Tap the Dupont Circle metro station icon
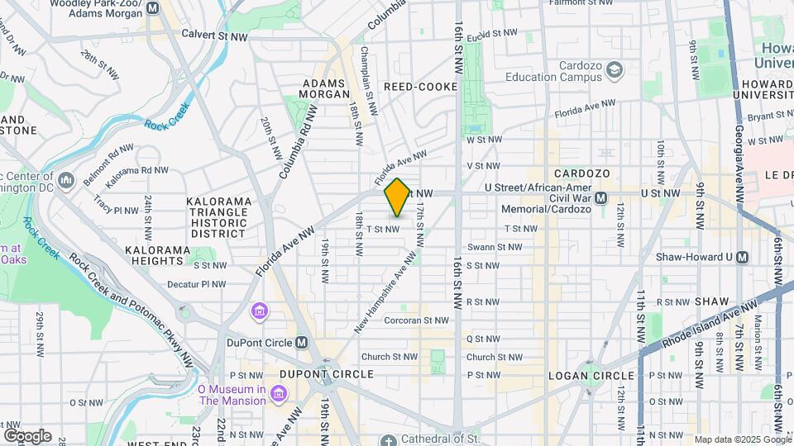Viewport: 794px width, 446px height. pos(303,343)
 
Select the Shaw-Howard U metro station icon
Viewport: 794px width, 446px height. pos(742,257)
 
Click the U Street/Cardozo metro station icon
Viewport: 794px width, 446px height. pos(601,198)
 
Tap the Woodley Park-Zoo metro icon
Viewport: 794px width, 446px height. pos(152,9)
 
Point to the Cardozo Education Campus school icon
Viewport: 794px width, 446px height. pos(614,72)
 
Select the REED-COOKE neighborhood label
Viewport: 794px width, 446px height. pos(421,87)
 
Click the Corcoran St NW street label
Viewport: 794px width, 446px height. pos(416,320)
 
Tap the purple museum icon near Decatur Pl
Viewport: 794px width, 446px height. pos(260,312)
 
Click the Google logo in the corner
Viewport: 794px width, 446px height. pos(27,435)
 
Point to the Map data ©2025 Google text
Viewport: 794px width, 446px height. pos(742,439)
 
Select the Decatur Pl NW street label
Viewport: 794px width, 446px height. pos(197,284)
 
